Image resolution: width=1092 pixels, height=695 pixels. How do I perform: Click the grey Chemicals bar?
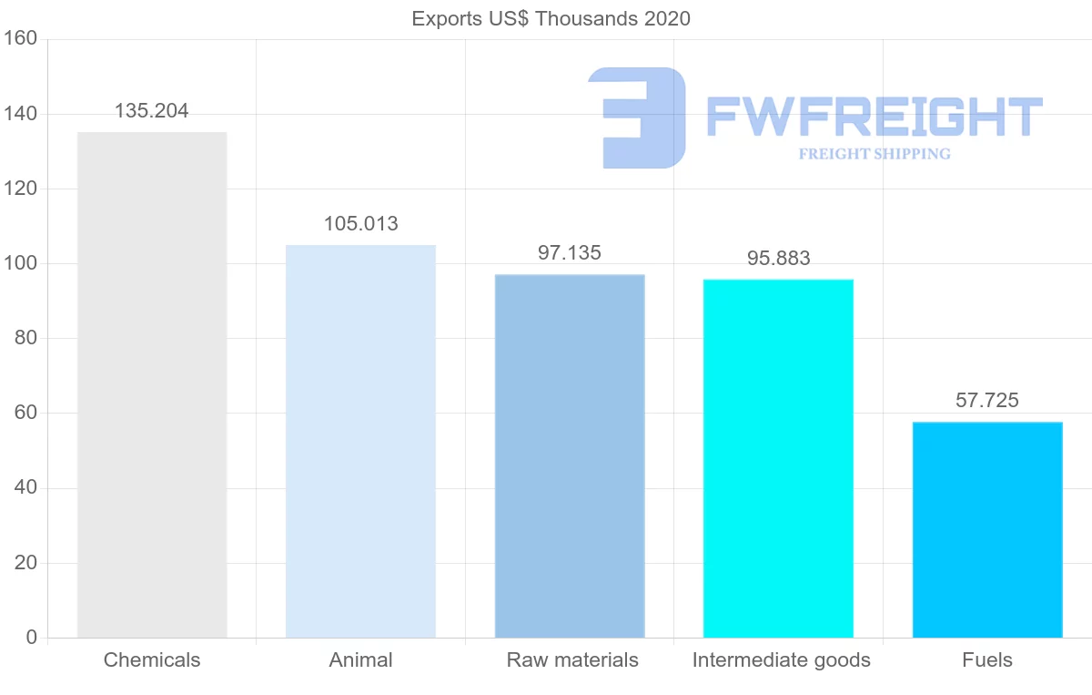point(152,385)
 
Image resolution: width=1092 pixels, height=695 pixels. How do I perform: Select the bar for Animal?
point(360,442)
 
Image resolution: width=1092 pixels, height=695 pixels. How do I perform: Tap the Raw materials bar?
point(570,456)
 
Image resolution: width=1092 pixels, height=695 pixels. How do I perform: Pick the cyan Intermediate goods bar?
point(779,459)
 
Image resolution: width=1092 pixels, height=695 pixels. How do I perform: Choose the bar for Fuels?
point(987,530)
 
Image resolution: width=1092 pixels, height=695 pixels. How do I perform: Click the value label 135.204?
point(152,111)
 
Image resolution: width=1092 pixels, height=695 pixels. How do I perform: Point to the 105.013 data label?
point(361,224)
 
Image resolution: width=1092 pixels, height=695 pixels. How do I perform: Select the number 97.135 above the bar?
point(570,253)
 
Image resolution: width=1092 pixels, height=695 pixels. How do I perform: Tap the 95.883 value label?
point(779,258)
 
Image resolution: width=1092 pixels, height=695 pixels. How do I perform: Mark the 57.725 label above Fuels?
point(987,400)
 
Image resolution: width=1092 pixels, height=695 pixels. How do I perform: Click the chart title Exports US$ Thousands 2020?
point(551,19)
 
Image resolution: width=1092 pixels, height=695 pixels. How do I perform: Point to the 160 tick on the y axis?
point(20,38)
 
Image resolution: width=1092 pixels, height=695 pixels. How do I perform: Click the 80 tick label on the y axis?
point(25,338)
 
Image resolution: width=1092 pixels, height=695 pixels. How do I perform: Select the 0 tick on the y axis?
point(32,638)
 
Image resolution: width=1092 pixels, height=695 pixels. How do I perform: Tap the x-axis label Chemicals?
point(152,660)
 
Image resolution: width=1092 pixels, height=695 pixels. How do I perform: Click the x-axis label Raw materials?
point(572,660)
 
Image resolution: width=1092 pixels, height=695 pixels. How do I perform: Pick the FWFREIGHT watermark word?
point(875,117)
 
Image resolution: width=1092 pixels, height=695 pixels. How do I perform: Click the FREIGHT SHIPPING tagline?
point(875,154)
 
